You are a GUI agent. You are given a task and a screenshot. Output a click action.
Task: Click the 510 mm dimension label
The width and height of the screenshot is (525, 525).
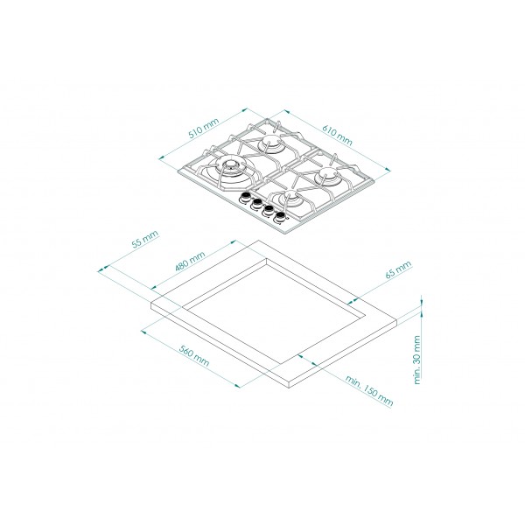pos(204,129)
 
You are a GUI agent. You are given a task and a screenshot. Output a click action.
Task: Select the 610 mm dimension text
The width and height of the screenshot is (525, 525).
pos(338,135)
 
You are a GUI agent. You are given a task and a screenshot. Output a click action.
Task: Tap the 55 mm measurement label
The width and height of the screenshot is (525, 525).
pos(144,239)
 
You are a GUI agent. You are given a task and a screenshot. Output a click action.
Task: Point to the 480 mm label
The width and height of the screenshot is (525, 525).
pos(190,261)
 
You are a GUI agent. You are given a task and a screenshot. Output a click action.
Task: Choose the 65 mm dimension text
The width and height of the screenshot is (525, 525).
pos(398,269)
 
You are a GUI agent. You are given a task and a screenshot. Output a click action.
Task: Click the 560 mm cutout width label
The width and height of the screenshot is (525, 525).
pos(194,355)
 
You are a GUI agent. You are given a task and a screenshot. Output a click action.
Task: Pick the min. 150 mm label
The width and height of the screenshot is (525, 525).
pos(369,390)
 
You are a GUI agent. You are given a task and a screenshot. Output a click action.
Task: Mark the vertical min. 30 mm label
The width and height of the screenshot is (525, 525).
pos(416,360)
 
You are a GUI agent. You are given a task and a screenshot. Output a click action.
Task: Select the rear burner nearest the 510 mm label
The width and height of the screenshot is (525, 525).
pos(270,143)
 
